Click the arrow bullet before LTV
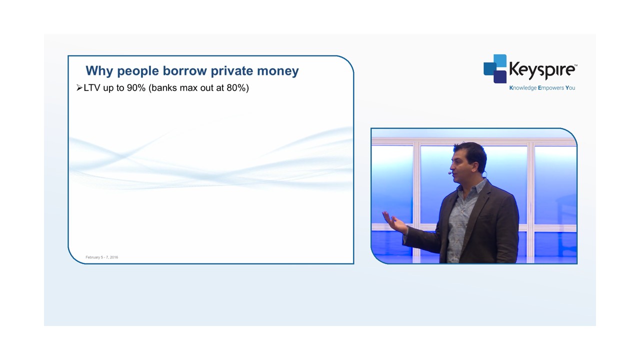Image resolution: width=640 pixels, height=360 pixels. pyautogui.click(x=79, y=87)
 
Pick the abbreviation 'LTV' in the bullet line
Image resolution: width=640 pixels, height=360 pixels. pyautogui.click(x=92, y=87)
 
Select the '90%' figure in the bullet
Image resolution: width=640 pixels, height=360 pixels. pyautogui.click(x=136, y=87)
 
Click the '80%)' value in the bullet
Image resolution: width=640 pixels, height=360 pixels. pyautogui.click(x=237, y=87)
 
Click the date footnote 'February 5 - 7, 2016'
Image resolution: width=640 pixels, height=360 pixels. pyautogui.click(x=101, y=257)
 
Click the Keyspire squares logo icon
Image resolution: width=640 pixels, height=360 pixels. pyautogui.click(x=495, y=69)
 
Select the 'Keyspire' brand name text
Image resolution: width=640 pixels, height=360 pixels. pyautogui.click(x=542, y=69)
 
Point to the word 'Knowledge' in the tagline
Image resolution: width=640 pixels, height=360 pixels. pyautogui.click(x=523, y=88)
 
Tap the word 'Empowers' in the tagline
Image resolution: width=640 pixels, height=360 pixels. pyautogui.click(x=551, y=88)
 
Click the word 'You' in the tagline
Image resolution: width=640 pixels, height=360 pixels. pyautogui.click(x=570, y=87)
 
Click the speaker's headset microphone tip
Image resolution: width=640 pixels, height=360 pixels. pyautogui.click(x=449, y=173)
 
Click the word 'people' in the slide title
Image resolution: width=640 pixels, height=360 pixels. pyautogui.click(x=138, y=71)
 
